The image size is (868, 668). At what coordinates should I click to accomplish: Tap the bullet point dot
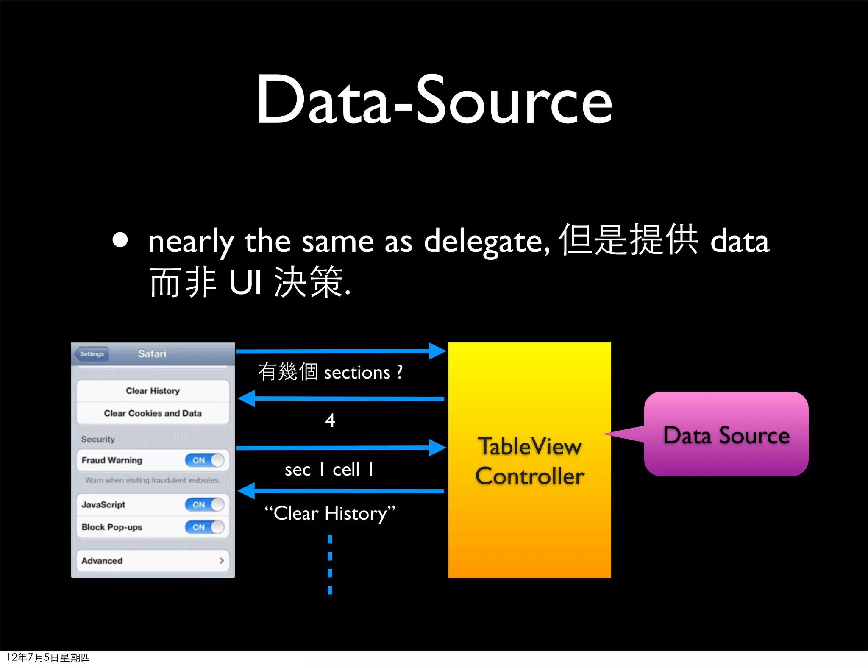(x=120, y=240)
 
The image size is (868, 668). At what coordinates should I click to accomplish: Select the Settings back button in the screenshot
(x=92, y=354)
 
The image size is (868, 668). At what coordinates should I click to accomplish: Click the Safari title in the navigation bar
(x=152, y=354)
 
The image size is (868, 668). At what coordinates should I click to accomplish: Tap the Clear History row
(x=153, y=391)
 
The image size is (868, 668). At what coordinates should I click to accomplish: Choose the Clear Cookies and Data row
(x=153, y=413)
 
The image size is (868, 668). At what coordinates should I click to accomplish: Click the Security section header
(x=98, y=439)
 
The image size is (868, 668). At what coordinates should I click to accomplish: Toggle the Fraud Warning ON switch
(x=204, y=460)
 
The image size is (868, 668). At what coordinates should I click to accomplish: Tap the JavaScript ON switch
(x=204, y=504)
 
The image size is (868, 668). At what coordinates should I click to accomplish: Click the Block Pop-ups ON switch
(x=204, y=527)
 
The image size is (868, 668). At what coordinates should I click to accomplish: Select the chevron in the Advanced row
(x=221, y=561)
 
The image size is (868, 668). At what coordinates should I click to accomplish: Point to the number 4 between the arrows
(x=330, y=420)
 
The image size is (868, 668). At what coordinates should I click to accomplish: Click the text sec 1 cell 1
(x=329, y=470)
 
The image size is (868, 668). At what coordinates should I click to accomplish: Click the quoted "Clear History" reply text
(x=330, y=513)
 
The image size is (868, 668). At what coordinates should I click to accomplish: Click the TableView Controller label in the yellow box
(x=530, y=461)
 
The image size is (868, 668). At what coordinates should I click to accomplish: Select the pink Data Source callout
(x=726, y=434)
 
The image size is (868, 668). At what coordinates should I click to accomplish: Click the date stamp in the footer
(x=48, y=658)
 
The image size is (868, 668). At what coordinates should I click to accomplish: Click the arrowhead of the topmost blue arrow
(x=437, y=351)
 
